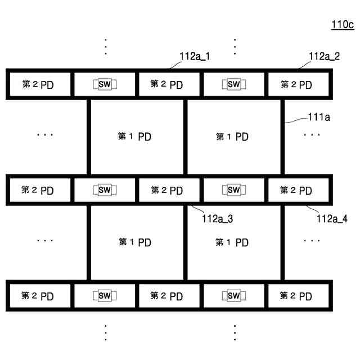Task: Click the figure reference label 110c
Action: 343,24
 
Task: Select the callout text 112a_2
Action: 325,57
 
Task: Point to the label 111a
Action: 319,117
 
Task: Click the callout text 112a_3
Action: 217,219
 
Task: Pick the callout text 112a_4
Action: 332,219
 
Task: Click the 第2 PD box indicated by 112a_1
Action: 167,85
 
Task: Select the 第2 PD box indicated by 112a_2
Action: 296,85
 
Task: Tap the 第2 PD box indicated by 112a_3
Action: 167,190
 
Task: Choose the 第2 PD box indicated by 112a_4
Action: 296,190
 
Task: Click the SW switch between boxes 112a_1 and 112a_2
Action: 233,85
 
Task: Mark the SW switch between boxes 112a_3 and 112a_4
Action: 233,190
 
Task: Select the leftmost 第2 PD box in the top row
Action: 38,85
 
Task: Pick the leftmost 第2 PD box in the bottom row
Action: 38,296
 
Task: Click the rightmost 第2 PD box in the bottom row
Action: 296,296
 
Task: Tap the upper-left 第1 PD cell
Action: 136,137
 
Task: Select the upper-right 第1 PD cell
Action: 232,137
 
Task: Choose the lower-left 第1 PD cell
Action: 136,242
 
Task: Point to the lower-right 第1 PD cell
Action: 232,242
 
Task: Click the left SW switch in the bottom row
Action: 104,296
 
